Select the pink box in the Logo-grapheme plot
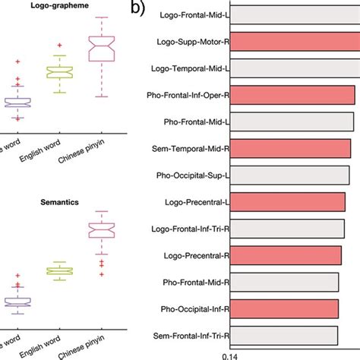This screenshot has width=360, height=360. [104, 49]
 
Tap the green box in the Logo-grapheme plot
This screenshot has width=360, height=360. [61, 72]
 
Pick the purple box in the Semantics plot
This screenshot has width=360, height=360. [17, 302]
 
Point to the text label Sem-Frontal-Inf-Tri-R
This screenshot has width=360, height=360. [193, 334]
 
